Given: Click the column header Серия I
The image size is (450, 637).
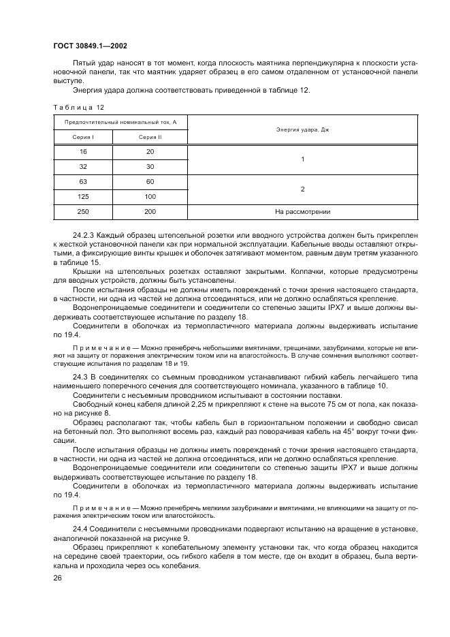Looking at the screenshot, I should coord(83,137).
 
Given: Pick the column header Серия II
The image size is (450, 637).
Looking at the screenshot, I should coord(150,137).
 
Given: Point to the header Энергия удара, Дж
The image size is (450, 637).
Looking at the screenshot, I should coord(302,129).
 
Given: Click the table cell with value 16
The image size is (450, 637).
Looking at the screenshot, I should coord(83,151).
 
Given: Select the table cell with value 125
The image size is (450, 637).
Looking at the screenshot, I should coord(83,196).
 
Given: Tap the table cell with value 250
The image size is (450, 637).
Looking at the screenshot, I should coord(83,212).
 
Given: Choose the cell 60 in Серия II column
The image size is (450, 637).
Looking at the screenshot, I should coord(150,182).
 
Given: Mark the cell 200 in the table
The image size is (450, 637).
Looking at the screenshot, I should coord(150,212).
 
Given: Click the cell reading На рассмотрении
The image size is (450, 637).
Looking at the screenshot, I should coord(302,212).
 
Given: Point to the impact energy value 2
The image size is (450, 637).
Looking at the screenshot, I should coord(302,189).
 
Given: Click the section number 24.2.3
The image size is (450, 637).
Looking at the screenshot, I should coord(84,234).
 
